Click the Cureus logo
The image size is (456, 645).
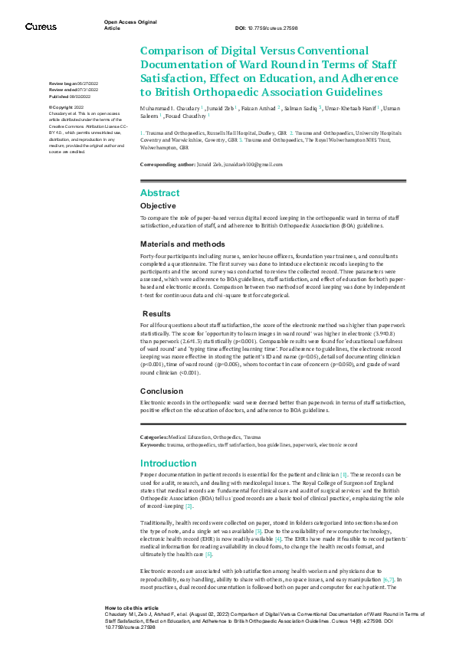[40, 26]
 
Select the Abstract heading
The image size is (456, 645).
[159, 193]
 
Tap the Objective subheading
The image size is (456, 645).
[158, 206]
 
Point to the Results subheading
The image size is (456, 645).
[157, 313]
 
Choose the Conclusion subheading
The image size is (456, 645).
[162, 390]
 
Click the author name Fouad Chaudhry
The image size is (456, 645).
[189, 116]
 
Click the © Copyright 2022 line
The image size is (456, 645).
[67, 107]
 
